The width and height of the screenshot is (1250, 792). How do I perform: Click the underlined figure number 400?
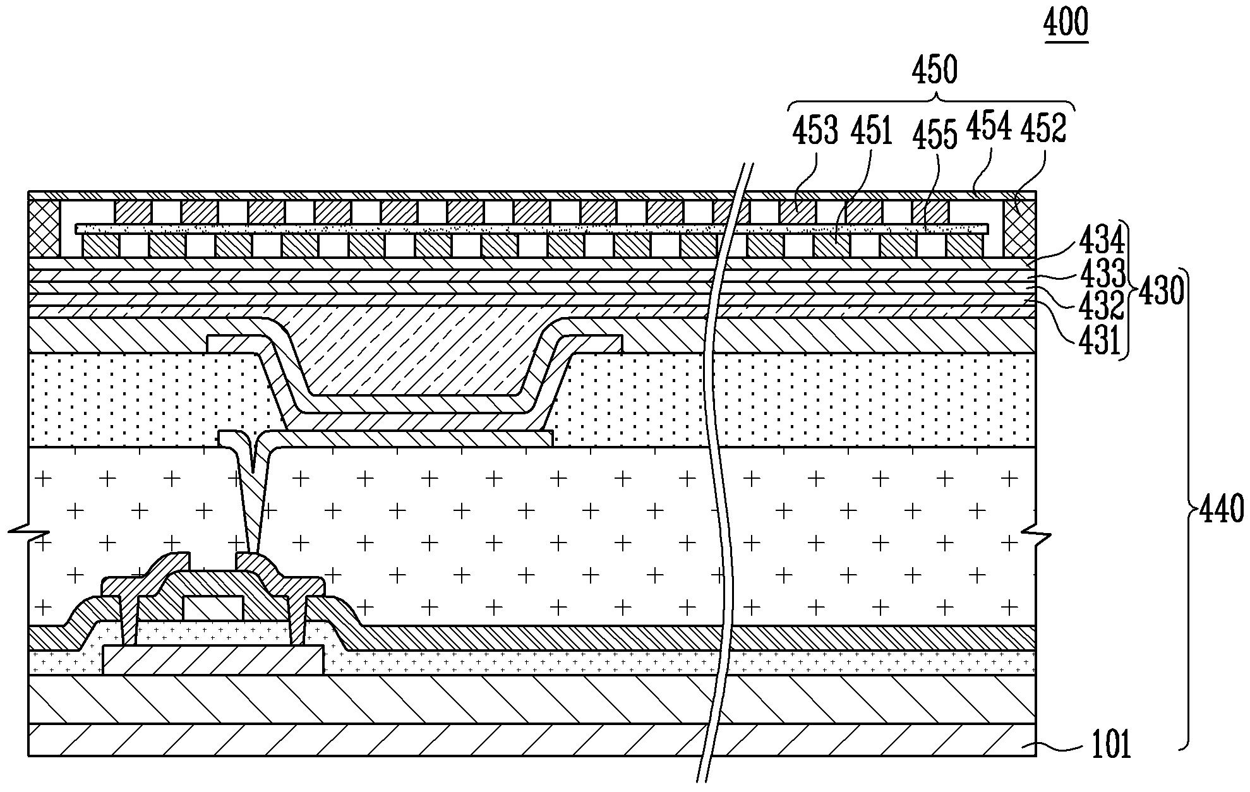point(1066,24)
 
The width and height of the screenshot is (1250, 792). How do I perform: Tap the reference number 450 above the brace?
point(934,71)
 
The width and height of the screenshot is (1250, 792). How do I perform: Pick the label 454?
point(989,126)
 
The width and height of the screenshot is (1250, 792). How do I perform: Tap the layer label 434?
point(1102,241)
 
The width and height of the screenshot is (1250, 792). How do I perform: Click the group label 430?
point(1160,292)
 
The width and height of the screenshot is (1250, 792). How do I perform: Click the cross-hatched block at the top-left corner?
point(44,229)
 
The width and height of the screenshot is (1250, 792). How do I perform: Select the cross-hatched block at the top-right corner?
point(1019,229)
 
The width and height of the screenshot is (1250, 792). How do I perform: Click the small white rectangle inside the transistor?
point(212,608)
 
